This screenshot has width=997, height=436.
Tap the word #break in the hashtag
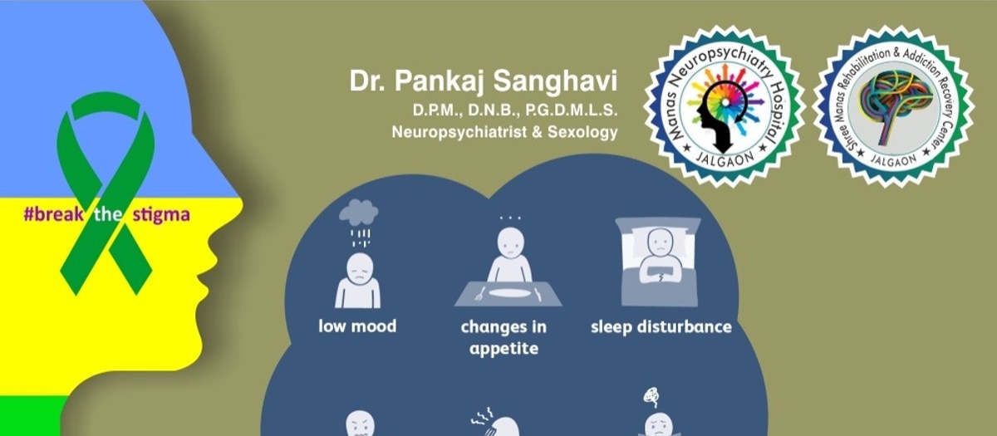pos(53,214)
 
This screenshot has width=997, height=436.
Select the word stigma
pos(161,215)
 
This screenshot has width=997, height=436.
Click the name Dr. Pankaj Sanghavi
pos(484,81)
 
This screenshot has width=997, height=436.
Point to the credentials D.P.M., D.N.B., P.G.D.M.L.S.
pos(515,110)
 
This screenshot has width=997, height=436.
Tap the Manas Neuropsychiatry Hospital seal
pos(724,106)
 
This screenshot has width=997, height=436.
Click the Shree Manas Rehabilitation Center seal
pos(894,106)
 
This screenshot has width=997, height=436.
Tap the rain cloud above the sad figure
pos(359,212)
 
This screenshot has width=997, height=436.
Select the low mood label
pos(357,326)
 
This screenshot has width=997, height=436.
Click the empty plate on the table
pos(508,294)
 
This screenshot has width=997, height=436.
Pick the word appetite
pos(503,348)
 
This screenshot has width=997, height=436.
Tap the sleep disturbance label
pos(661,327)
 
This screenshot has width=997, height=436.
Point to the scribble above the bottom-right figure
pos(651,397)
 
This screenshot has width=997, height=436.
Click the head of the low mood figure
pos(359,267)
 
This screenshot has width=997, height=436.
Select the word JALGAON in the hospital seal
pos(724,159)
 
